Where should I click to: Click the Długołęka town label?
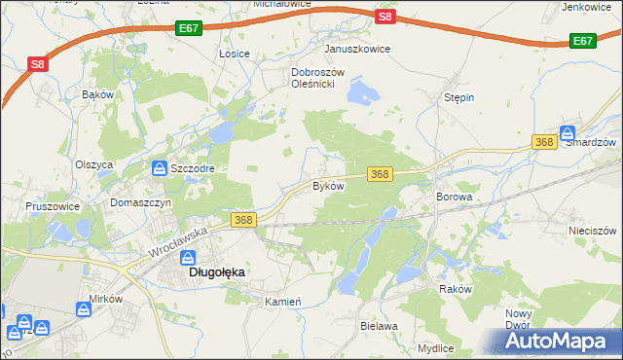pos(215,273)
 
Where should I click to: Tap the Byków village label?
pos(328,185)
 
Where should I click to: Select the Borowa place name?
pos(454,197)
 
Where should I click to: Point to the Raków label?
pos(455,289)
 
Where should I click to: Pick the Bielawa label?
pos(379,326)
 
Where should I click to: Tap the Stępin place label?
pos(458,98)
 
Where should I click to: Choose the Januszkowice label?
pos(357,49)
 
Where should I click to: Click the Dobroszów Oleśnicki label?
pos(313,78)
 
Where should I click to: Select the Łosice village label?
pos(235,54)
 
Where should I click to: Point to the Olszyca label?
pos(94,164)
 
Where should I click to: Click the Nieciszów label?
pos(593,231)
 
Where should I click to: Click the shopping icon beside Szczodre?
pos(158,168)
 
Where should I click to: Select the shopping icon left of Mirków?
pos(85,310)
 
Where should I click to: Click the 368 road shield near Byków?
pos(380,174)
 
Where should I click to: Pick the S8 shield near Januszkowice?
pos(385,17)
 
